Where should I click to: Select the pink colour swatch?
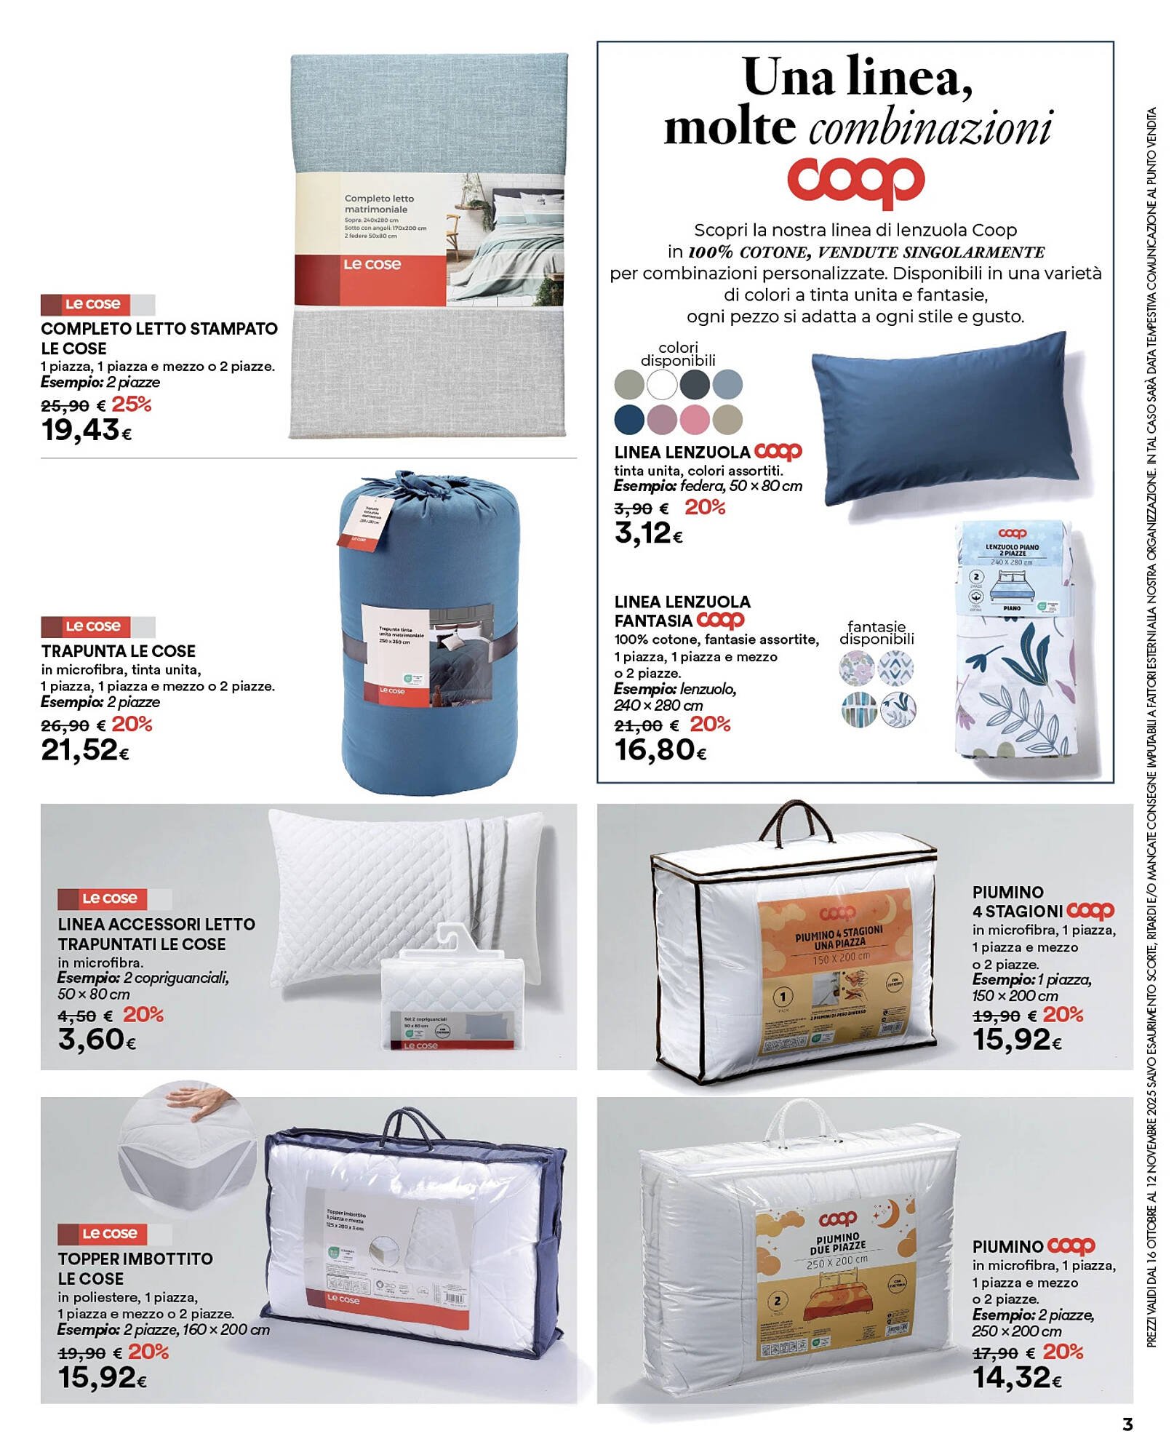click(695, 419)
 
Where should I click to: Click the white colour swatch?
click(662, 384)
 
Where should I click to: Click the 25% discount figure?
click(132, 404)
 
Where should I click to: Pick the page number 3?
click(1127, 1423)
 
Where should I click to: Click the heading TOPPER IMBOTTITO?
click(135, 1259)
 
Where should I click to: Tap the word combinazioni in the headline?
click(931, 129)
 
